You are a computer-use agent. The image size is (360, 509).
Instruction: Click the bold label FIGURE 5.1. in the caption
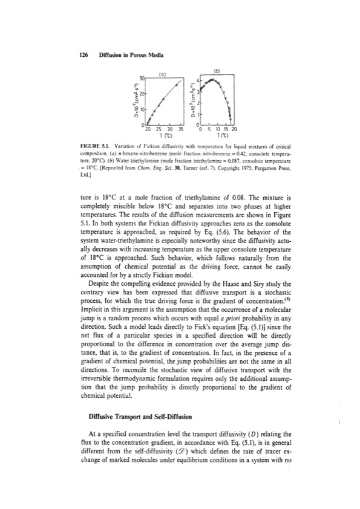[x=97, y=146]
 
